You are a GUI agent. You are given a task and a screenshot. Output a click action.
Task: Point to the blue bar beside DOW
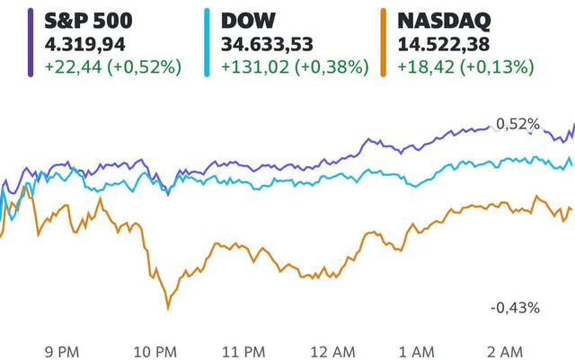click(208, 42)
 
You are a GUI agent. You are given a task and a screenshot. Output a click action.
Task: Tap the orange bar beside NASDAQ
click(384, 42)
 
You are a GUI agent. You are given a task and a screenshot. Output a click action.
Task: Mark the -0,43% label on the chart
click(515, 308)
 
